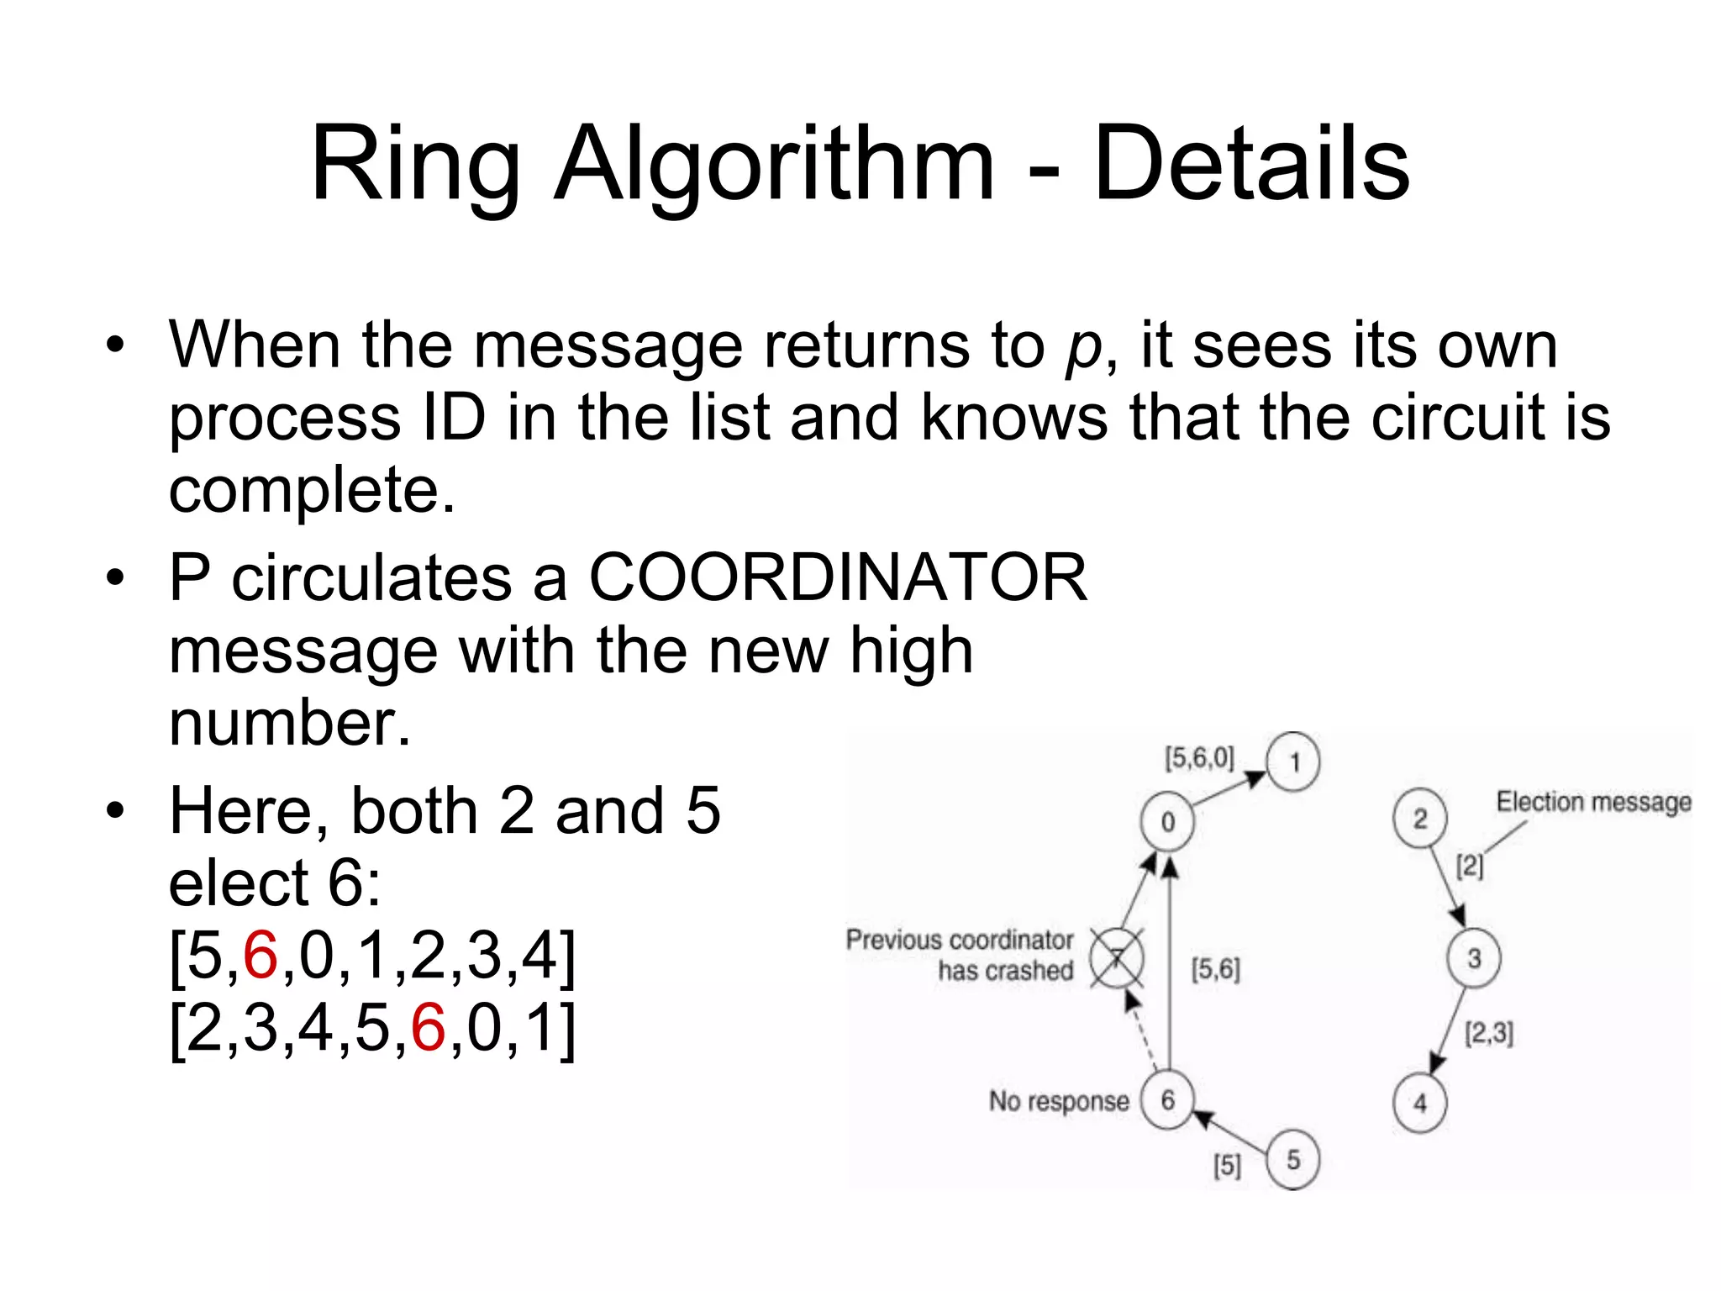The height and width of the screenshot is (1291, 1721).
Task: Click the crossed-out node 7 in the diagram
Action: pos(1117,958)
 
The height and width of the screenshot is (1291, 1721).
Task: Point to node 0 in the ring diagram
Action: pos(1167,821)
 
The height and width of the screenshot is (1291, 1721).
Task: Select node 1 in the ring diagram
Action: pos(1294,762)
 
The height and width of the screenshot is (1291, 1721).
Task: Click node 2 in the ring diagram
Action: pos(1420,819)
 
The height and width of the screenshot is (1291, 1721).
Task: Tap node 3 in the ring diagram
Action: pos(1474,958)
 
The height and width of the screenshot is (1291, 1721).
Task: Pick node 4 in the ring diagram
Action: pos(1420,1103)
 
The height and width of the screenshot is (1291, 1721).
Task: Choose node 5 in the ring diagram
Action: pos(1293,1161)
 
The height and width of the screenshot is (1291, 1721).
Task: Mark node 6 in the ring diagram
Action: pos(1167,1100)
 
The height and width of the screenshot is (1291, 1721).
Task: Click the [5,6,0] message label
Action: pos(1199,758)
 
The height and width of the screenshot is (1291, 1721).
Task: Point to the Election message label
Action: pos(1593,802)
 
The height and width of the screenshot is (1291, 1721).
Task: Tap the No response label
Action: pos(1059,1101)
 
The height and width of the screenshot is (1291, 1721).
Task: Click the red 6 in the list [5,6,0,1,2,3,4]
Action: pos(261,956)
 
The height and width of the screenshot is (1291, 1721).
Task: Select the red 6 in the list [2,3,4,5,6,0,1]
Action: pos(429,1028)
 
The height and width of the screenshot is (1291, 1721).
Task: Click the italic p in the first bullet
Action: pos(1082,347)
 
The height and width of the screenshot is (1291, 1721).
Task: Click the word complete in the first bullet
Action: pos(311,491)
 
